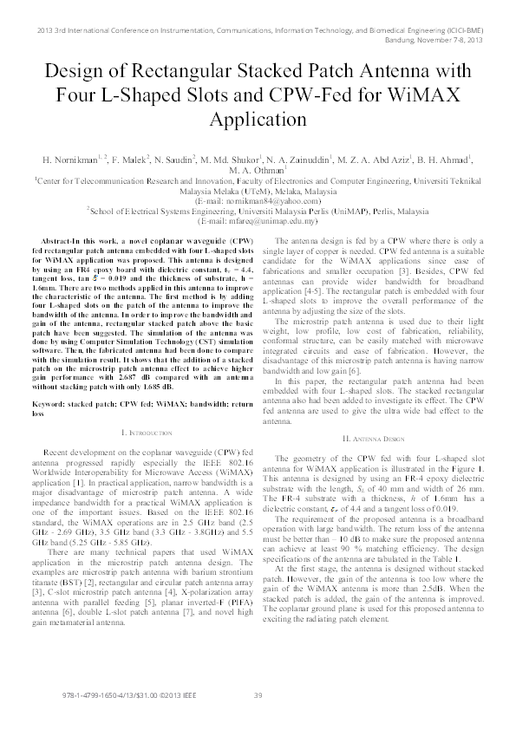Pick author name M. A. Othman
tap(258, 171)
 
